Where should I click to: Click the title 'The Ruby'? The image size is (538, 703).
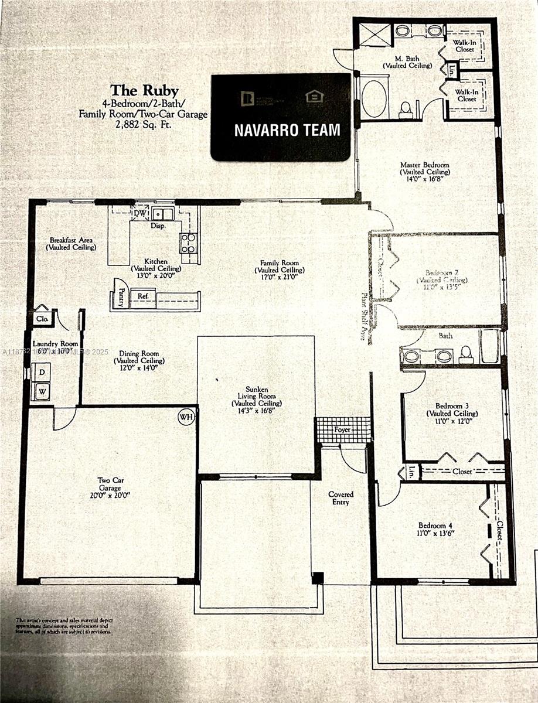coord(141,90)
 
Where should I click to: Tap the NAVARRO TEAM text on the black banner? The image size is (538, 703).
coord(287,129)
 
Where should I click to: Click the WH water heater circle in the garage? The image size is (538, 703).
coord(186,417)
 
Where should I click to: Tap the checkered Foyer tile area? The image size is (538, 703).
coord(343,430)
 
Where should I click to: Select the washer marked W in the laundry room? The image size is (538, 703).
coord(42,391)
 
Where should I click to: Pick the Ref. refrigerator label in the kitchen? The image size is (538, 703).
coord(142,296)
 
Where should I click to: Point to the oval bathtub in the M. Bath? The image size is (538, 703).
coord(373,98)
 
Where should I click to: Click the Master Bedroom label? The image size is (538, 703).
coord(424,165)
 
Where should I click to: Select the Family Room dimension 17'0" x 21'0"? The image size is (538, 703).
coord(280,278)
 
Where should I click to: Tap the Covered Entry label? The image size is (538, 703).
coord(340,499)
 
